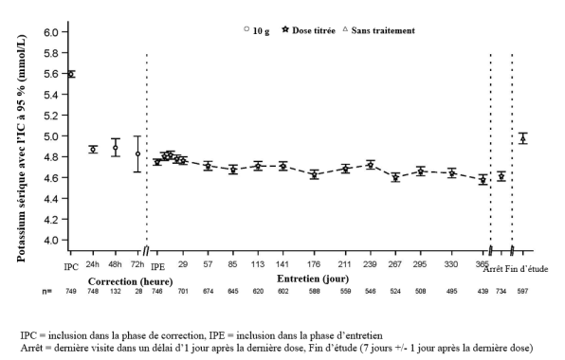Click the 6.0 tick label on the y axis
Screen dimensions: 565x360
pyautogui.click(x=51, y=32)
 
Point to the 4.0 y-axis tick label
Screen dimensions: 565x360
pyautogui.click(x=51, y=240)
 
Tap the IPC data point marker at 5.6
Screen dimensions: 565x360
pyautogui.click(x=71, y=74)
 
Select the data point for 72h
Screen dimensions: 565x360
pyautogui.click(x=137, y=153)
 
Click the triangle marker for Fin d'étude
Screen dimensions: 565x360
pyautogui.click(x=523, y=138)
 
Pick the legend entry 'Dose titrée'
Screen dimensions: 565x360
pyautogui.click(x=309, y=30)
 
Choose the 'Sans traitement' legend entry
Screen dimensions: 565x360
pyautogui.click(x=378, y=30)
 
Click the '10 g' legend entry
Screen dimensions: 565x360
pyautogui.click(x=257, y=30)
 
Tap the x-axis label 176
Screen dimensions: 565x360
pyautogui.click(x=314, y=264)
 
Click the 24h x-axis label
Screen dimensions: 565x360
pyautogui.click(x=93, y=264)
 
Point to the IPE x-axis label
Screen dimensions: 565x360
pyautogui.click(x=157, y=267)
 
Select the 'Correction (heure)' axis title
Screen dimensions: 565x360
pyautogui.click(x=131, y=281)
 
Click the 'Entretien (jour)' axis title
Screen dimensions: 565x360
pyautogui.click(x=313, y=279)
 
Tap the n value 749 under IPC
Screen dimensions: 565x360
pyautogui.click(x=71, y=291)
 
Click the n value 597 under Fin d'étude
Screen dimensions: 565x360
pyautogui.click(x=522, y=291)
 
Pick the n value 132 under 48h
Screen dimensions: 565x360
pyautogui.click(x=116, y=291)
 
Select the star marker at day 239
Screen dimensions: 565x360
pyautogui.click(x=370, y=165)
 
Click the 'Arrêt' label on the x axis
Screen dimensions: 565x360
pyautogui.click(x=493, y=269)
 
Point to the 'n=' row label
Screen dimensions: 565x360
pyautogui.click(x=46, y=291)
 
